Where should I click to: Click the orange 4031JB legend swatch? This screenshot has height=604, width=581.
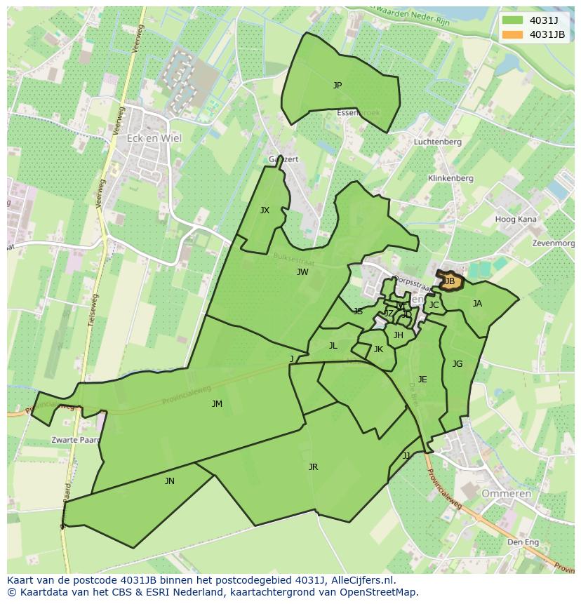click(512, 34)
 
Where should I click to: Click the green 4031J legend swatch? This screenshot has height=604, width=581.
click(512, 20)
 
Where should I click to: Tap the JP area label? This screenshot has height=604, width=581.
click(338, 86)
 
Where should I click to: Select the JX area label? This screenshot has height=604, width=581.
click(265, 210)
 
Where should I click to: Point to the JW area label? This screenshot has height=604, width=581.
click(302, 272)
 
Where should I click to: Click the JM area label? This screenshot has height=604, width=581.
click(217, 404)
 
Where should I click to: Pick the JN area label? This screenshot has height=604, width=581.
click(170, 481)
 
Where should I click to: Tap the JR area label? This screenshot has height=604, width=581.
click(313, 467)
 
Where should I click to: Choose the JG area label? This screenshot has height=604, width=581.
click(458, 364)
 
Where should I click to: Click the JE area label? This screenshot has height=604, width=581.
click(422, 380)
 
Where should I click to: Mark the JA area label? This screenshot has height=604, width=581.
click(477, 304)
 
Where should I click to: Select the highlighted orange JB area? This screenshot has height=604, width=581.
click(450, 281)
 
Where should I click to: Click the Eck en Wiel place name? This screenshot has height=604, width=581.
click(154, 138)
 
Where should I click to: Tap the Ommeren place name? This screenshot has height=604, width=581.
click(506, 494)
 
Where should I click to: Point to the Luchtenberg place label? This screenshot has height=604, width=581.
click(437, 142)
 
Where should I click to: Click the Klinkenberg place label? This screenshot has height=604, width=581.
click(450, 178)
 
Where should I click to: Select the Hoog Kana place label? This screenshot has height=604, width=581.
click(516, 220)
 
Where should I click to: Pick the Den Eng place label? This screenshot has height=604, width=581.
click(523, 542)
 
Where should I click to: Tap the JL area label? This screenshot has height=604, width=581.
click(333, 346)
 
